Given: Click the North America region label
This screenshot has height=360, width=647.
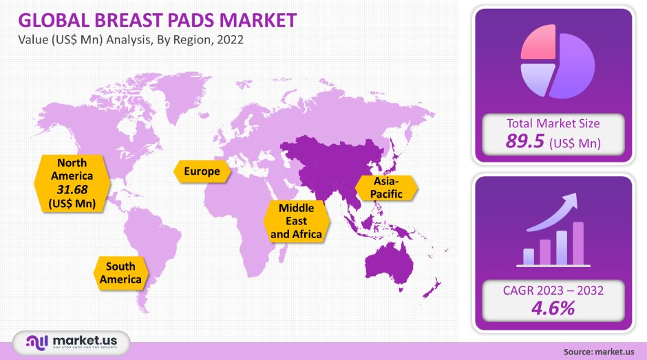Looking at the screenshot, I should pyautogui.click(x=72, y=169).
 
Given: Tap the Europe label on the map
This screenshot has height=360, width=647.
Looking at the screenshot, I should pyautogui.click(x=202, y=171).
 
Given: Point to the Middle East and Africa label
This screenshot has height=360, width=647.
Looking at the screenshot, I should pyautogui.click(x=297, y=220).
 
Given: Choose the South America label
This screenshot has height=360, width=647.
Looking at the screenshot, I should pyautogui.click(x=120, y=273).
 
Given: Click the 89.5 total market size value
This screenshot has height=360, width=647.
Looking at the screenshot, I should pyautogui.click(x=525, y=142).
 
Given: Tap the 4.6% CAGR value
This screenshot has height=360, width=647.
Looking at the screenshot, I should pyautogui.click(x=553, y=308).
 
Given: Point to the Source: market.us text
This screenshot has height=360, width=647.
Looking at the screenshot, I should pyautogui.click(x=598, y=352).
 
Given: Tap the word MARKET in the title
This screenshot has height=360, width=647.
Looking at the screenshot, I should pyautogui.click(x=259, y=19).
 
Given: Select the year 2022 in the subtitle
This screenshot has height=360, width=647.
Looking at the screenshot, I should pyautogui.click(x=229, y=40).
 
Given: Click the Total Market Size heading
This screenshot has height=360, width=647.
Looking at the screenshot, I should pyautogui.click(x=553, y=124).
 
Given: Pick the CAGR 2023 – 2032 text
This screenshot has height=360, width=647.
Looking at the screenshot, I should pyautogui.click(x=553, y=290).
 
